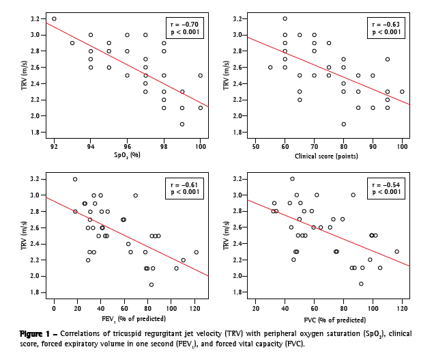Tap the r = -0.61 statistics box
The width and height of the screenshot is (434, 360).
point(184,189)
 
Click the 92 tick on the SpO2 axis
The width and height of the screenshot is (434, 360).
point(54,146)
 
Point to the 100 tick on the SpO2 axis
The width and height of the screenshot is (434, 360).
point(200,146)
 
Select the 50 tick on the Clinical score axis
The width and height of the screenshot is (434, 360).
point(256,146)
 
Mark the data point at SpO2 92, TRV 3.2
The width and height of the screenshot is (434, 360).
point(54,19)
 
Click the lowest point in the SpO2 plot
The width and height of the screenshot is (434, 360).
point(182,124)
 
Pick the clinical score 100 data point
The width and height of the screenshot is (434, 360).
point(402,92)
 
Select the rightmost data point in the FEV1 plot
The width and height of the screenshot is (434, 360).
point(197,252)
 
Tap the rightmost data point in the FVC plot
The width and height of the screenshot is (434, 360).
point(397,251)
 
